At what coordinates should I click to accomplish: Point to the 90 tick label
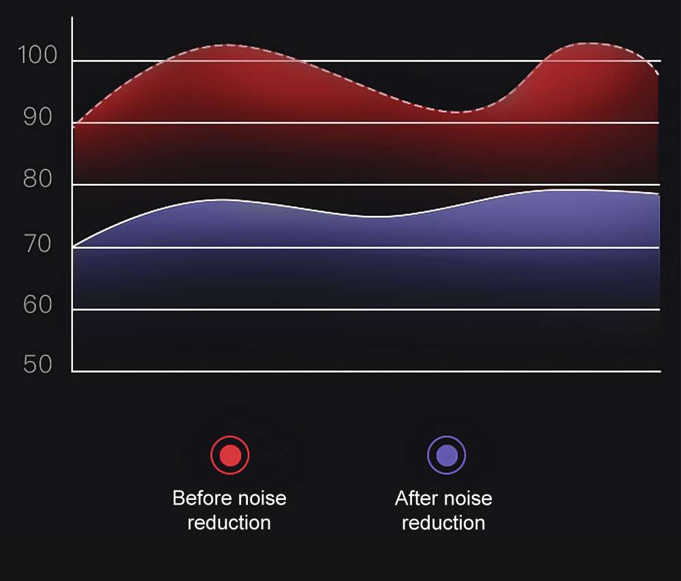[38, 117]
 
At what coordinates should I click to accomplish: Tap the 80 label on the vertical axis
[38, 180]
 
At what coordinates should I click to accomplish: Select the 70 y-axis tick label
[38, 243]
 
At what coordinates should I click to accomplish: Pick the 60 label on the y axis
[38, 304]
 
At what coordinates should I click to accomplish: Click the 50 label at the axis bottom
[38, 365]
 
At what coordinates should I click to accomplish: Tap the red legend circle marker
[230, 454]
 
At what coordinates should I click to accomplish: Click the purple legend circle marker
[446, 454]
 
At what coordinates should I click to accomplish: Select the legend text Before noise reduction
[229, 510]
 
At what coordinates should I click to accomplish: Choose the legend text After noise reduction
[443, 510]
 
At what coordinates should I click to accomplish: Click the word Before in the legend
[197, 498]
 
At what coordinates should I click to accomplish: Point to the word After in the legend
[413, 498]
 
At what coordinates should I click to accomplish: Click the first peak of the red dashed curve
[225, 45]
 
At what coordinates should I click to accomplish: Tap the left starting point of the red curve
[74, 126]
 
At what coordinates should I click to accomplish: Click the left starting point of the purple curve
[74, 246]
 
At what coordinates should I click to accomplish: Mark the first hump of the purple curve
[221, 200]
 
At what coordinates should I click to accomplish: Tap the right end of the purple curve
[659, 194]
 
